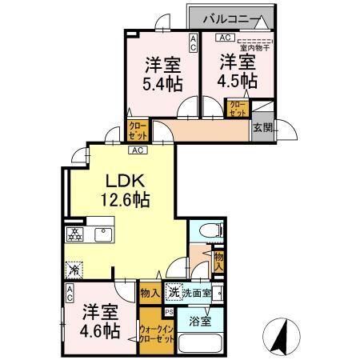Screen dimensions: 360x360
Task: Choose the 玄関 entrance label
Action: tap(262, 126)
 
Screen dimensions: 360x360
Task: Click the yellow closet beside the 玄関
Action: tap(238, 109)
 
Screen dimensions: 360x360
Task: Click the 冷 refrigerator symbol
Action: tap(74, 270)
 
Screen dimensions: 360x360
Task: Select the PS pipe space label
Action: tap(169, 312)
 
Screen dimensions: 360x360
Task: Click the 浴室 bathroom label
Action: tap(200, 321)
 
